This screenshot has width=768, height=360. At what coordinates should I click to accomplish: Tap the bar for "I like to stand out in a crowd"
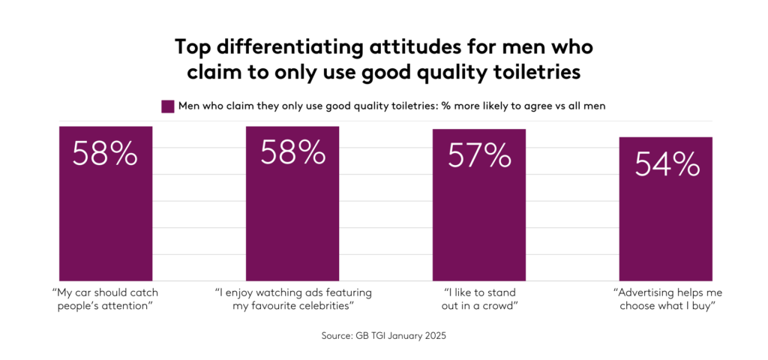click(478, 217)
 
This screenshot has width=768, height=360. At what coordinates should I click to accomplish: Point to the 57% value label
click(479, 156)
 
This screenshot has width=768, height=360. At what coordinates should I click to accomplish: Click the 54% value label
click(667, 164)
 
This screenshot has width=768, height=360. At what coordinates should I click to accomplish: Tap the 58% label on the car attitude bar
click(105, 153)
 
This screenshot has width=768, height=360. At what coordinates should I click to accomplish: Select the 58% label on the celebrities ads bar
click(292, 153)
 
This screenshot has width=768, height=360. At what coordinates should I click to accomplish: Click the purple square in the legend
click(168, 106)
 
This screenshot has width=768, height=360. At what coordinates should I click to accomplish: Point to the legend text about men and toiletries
click(391, 106)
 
